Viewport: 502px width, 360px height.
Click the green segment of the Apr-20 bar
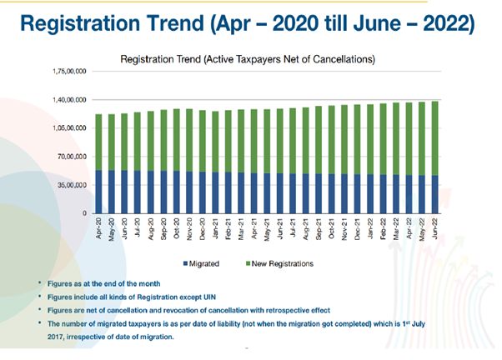point(99,142)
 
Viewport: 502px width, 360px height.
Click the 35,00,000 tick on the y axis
point(72,185)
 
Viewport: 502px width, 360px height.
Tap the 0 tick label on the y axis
point(85,213)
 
